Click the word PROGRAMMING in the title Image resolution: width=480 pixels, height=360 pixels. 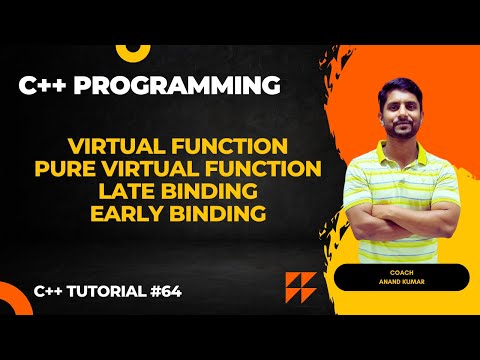196,88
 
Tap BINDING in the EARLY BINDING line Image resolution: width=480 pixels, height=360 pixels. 229,214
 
